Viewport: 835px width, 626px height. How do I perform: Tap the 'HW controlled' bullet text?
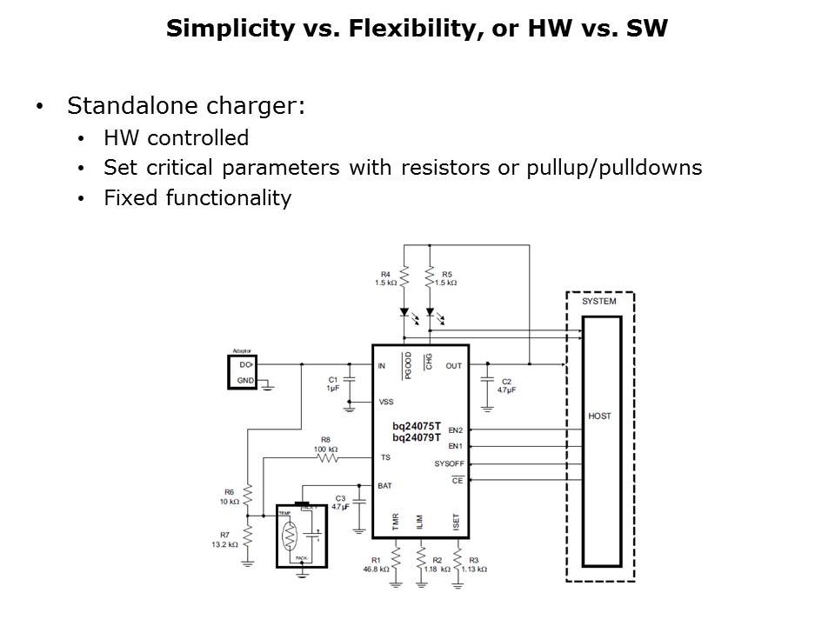[x=176, y=138]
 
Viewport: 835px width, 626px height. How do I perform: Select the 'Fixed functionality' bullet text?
[x=197, y=197]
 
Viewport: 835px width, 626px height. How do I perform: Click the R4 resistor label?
[x=386, y=278]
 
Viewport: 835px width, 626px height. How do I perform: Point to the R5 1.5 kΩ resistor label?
[x=446, y=278]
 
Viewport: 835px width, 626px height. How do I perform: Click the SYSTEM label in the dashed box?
[x=599, y=302]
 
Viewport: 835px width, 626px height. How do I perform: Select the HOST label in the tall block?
[x=599, y=416]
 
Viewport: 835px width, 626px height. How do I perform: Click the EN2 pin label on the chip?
[x=456, y=430]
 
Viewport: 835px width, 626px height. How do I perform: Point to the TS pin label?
[x=385, y=456]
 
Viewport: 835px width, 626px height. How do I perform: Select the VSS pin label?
[x=387, y=402]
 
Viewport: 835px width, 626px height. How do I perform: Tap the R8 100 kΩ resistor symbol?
[x=326, y=456]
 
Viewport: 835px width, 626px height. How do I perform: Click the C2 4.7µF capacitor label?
[x=505, y=386]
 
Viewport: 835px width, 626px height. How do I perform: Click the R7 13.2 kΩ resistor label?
[x=224, y=539]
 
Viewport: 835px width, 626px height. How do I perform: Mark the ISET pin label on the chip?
[x=456, y=521]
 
